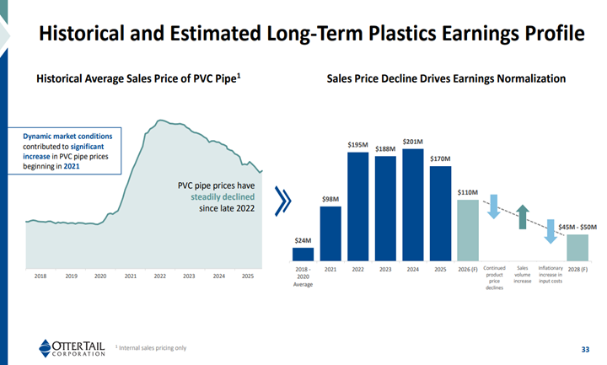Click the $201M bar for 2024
[x=413, y=203]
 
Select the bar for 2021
[x=330, y=233]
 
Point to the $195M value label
[x=357, y=145]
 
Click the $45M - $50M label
[x=577, y=226]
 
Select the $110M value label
[x=468, y=193]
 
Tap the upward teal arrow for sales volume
[x=523, y=217]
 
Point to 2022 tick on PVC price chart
[x=159, y=276]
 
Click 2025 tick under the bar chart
[x=440, y=269]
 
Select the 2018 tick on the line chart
[x=41, y=276]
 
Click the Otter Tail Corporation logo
[x=73, y=347]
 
